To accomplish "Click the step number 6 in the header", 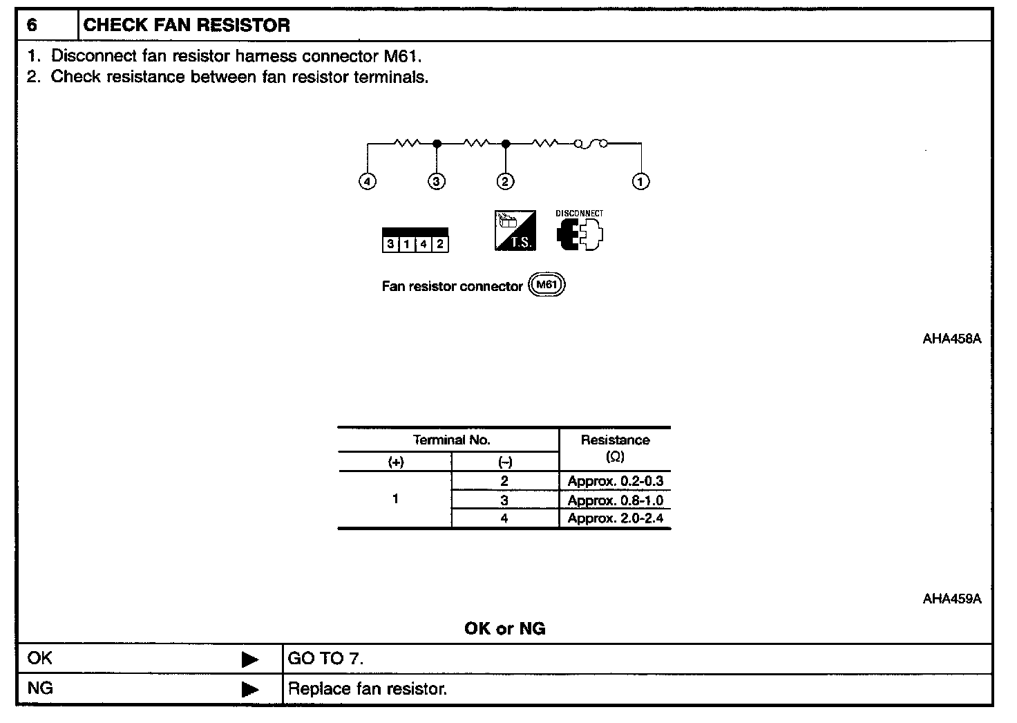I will click(32, 26).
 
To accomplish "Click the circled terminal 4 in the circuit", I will click(368, 181).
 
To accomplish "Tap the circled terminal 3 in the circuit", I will click(436, 181).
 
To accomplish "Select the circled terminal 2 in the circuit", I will click(506, 181).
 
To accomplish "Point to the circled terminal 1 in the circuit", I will click(641, 181).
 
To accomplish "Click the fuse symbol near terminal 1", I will click(591, 144).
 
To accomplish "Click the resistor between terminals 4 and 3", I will click(407, 144).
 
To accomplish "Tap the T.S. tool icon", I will click(515, 231).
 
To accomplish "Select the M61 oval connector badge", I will click(546, 285).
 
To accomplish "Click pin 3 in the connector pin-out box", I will click(390, 244).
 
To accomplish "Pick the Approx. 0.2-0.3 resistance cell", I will click(615, 481).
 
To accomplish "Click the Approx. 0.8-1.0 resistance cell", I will click(615, 500).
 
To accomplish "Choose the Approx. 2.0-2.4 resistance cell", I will click(615, 518).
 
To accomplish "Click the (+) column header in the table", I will click(396, 462).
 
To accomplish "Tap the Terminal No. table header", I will click(451, 440).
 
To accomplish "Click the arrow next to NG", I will click(249, 689).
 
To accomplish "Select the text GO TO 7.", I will click(325, 659).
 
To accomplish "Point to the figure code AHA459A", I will click(951, 599).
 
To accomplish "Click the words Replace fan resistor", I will click(368, 689).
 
